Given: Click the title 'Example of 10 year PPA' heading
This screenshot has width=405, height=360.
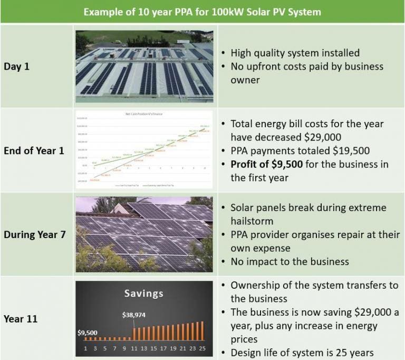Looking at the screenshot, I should coord(202,12).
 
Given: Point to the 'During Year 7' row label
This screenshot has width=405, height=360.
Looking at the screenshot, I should coord(35,234).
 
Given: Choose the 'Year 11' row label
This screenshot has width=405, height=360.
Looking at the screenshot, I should coord(21,319).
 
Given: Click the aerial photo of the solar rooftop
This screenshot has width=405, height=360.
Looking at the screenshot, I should coord(144,65).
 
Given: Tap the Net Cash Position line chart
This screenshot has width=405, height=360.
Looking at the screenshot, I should coord(144,150).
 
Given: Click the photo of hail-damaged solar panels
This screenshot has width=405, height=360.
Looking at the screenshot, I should coord(144,234).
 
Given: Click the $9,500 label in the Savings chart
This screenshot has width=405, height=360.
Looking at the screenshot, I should coord(87,333).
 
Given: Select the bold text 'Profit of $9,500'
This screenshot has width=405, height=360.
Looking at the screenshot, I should coord(266,164).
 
